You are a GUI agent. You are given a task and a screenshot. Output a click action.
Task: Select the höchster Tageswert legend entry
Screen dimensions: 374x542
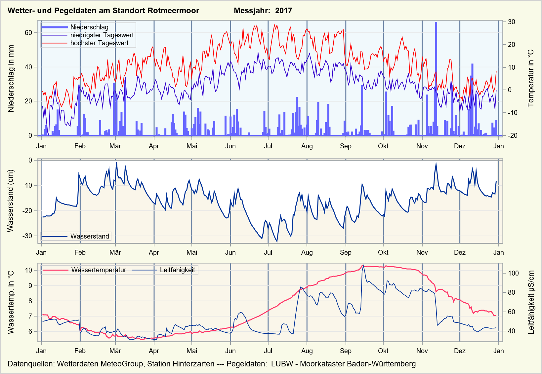(x=99, y=43)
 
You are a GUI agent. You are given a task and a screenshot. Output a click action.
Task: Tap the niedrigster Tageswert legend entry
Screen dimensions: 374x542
(x=102, y=35)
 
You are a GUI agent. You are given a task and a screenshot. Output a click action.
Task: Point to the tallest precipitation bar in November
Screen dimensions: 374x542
(x=436, y=79)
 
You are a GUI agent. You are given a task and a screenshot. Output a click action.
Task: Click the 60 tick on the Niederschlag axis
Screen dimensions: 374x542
(x=28, y=33)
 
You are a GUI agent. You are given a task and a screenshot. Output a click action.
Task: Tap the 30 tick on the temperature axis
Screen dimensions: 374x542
(x=512, y=22)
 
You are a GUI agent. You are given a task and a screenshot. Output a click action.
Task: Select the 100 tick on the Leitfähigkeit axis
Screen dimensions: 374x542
(x=514, y=273)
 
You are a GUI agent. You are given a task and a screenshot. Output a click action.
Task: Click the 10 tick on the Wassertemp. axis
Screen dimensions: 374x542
(x=28, y=270)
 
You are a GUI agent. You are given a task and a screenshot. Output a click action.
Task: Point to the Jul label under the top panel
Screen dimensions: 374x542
(x=268, y=146)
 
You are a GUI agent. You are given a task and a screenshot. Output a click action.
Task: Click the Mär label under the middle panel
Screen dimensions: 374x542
(x=115, y=252)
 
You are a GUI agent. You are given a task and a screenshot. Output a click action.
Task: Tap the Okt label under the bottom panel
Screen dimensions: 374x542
(x=383, y=351)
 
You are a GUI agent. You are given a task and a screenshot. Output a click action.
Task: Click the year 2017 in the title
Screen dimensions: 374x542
(x=283, y=11)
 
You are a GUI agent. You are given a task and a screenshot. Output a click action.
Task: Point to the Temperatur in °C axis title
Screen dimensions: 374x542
(x=531, y=78)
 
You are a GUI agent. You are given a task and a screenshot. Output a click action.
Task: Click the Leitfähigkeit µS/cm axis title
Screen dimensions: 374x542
(x=531, y=302)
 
